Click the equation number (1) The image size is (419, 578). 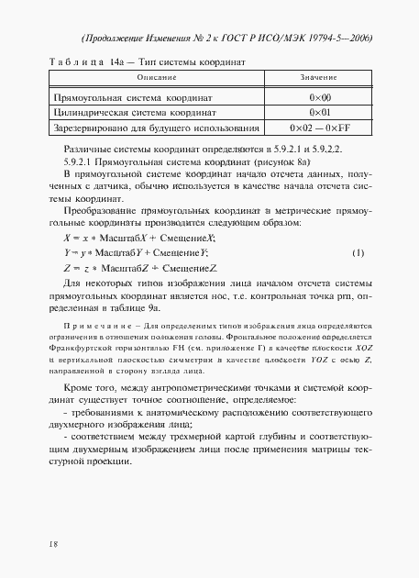pyautogui.click(x=358, y=252)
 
